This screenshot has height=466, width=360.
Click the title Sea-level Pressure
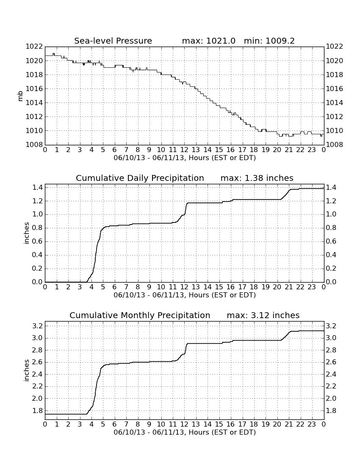[x=113, y=41]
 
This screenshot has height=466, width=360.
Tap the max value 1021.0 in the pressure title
[x=221, y=41]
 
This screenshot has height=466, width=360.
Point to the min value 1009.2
[x=280, y=41]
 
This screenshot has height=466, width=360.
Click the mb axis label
[x=20, y=96]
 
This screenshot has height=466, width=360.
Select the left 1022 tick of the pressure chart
[x=34, y=46]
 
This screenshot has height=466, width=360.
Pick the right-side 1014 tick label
[x=335, y=103]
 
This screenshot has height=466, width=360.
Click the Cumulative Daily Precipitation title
[x=140, y=178]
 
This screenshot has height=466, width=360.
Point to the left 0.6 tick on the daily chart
[x=37, y=241]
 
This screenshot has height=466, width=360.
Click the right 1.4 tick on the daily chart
[x=331, y=188]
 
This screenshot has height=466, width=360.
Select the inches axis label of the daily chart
[x=26, y=233]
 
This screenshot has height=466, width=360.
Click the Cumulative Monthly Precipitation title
[x=140, y=315]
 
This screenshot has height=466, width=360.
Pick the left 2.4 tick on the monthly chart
[x=37, y=374]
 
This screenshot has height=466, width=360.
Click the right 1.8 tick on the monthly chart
[x=331, y=411]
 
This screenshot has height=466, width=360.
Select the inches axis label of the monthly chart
[x=26, y=371]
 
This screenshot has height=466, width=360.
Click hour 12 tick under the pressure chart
[x=184, y=150]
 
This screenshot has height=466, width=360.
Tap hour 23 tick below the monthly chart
[x=312, y=424]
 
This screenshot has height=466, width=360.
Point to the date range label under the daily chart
[x=185, y=295]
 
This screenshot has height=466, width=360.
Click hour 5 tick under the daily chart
[x=103, y=287]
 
